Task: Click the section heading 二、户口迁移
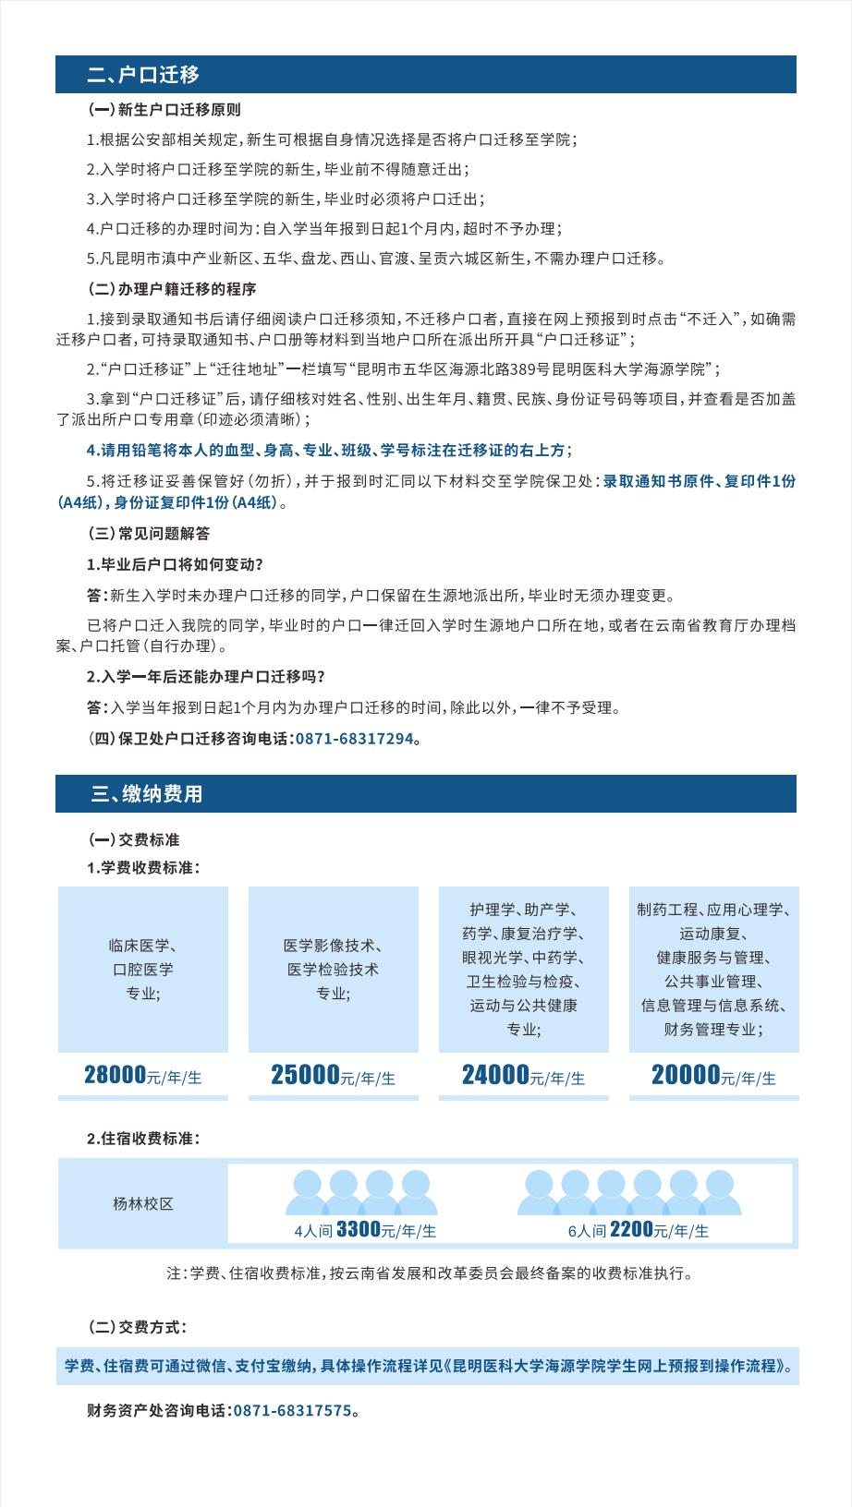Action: click(143, 75)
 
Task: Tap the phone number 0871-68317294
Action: click(354, 739)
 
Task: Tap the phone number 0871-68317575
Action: click(292, 1410)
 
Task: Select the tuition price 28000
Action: click(116, 1075)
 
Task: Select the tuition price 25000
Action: click(305, 1075)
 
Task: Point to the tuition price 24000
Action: click(495, 1075)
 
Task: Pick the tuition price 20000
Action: click(686, 1075)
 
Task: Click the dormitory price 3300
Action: click(359, 1229)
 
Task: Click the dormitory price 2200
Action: click(631, 1229)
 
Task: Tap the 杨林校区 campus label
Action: click(143, 1204)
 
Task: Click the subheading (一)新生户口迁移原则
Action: click(164, 110)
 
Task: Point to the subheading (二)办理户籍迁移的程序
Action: click(171, 289)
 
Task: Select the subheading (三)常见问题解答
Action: click(148, 534)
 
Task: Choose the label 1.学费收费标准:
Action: click(143, 868)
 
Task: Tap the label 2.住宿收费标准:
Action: click(143, 1139)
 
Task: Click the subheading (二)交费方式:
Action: click(137, 1327)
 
